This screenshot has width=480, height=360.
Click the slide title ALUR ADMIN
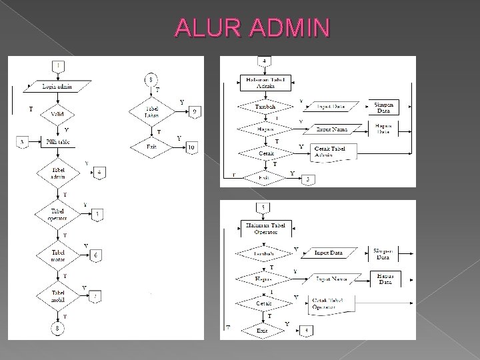point(252,28)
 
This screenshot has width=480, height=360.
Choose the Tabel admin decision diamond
point(59,173)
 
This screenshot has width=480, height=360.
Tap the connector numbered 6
point(97,255)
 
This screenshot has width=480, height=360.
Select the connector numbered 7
point(97,296)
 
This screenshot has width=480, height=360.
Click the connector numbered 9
point(193,111)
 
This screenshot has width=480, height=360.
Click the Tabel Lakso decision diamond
point(153,111)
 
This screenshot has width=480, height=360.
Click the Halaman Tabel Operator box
point(265,229)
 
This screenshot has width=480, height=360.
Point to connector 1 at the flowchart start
point(59,65)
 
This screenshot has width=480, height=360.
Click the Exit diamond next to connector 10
point(153,146)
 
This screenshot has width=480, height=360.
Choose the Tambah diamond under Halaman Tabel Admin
point(265,107)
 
